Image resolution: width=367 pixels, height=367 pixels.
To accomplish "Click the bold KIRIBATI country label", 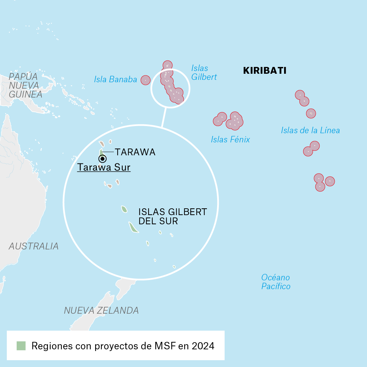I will (x=264, y=71).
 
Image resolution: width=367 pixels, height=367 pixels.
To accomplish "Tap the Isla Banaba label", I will (x=115, y=80).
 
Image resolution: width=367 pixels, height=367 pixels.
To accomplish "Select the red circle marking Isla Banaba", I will (x=145, y=80).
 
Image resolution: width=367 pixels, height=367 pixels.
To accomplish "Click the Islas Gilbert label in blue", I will (x=204, y=73).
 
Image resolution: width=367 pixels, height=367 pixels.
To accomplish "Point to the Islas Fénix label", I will (x=230, y=139).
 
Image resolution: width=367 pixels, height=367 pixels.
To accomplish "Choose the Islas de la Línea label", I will (x=310, y=130).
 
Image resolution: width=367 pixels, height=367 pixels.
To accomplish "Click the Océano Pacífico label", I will (x=276, y=282).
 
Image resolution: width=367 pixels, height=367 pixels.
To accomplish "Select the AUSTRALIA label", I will (x=33, y=246).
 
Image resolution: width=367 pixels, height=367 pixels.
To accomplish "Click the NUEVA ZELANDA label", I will (x=101, y=310).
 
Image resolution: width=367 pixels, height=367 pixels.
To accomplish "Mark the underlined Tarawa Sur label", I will (x=104, y=168).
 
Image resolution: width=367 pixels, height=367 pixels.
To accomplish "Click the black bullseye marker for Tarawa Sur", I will (x=102, y=159).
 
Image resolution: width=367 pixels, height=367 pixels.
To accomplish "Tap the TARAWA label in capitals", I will (x=135, y=152).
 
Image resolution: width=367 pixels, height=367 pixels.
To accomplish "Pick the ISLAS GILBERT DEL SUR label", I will (x=172, y=216).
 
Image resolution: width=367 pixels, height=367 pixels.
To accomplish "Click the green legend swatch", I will (x=21, y=346).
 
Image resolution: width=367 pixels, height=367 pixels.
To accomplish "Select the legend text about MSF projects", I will (x=123, y=346).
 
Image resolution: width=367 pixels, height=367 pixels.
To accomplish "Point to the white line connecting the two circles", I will (x=164, y=118).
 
